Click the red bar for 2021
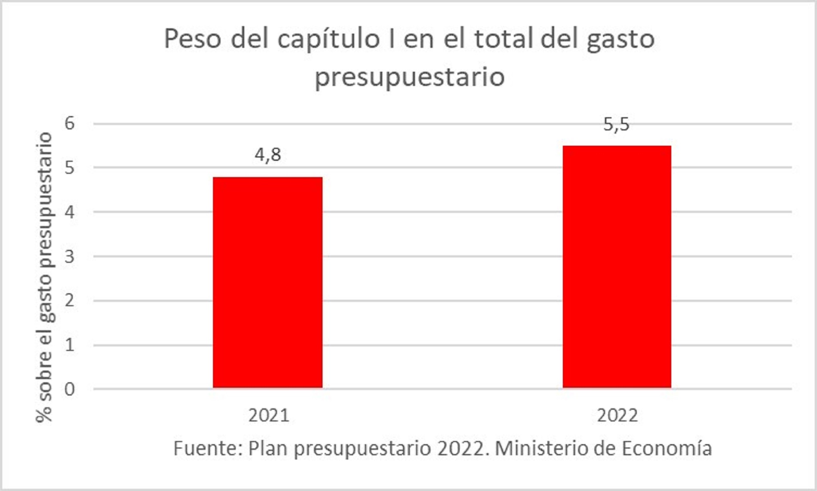(x=267, y=282)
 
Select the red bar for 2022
(x=617, y=267)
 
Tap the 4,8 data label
(x=267, y=155)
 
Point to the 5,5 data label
(x=616, y=124)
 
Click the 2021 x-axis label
(x=269, y=415)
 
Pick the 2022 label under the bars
(x=617, y=415)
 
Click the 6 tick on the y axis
(x=70, y=123)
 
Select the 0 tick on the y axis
(x=70, y=389)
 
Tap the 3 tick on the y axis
(x=70, y=256)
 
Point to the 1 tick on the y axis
(x=70, y=345)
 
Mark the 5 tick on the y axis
(x=70, y=168)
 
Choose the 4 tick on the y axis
(x=70, y=212)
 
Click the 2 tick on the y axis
(x=70, y=301)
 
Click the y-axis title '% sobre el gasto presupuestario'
(x=44, y=277)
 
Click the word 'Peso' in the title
(x=193, y=39)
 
